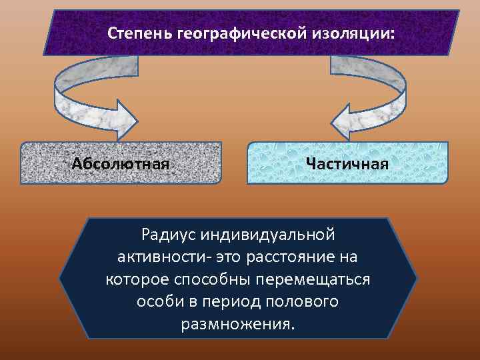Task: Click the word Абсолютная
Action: [x=120, y=163]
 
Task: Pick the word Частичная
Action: [x=347, y=163]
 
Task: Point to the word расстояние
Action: [x=298, y=257]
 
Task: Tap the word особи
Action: [x=158, y=302]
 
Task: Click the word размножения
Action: [x=237, y=325]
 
